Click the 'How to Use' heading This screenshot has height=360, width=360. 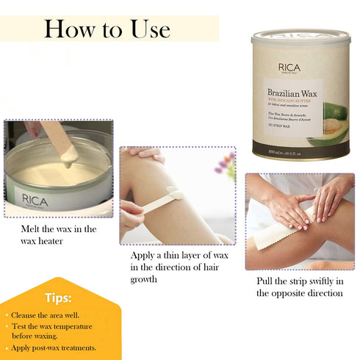pos(107,29)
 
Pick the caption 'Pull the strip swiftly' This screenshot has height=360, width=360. pos(300,287)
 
